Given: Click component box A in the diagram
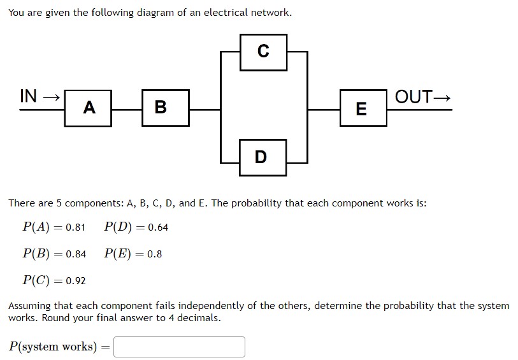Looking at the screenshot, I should click(x=89, y=108).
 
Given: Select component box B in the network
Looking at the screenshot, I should click(x=161, y=107).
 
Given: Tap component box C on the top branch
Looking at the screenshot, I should click(x=263, y=52).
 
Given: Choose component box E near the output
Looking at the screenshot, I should click(x=361, y=108).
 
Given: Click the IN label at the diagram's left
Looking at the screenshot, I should click(x=29, y=96).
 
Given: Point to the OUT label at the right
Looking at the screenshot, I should click(x=414, y=97).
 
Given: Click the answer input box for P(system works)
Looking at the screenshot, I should click(x=179, y=347).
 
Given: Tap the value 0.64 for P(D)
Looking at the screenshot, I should click(x=158, y=227).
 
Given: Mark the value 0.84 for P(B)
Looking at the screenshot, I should click(x=76, y=254).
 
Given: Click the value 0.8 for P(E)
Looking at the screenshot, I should click(x=154, y=254).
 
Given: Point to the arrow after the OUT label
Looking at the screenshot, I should click(x=442, y=97).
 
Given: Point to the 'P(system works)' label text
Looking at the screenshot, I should click(x=52, y=347).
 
